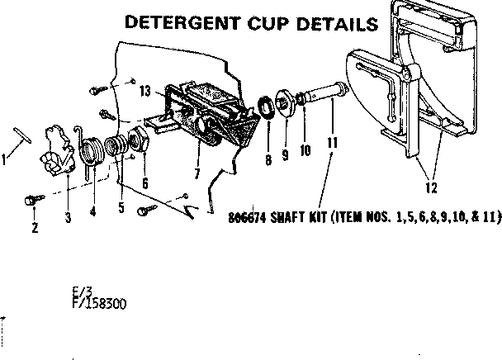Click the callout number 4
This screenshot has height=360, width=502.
(x=92, y=210)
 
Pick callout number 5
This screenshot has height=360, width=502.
(x=121, y=206)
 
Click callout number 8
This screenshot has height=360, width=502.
(x=268, y=160)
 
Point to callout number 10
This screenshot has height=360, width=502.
(x=305, y=150)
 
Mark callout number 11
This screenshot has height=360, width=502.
(x=333, y=142)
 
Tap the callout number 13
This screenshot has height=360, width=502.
(x=145, y=92)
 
